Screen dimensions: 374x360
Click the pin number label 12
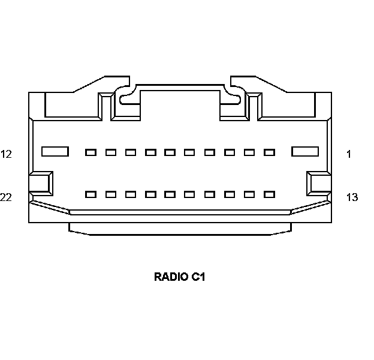(7, 154)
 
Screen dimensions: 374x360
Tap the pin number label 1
(349, 154)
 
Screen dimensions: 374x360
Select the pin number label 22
(7, 197)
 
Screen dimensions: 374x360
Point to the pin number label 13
(352, 197)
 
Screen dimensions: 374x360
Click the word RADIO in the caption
(171, 277)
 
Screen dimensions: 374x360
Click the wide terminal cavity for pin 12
(55, 152)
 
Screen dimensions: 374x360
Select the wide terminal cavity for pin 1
(305, 152)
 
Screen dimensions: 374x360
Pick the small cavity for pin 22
(91, 194)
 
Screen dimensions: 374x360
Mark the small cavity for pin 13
(269, 194)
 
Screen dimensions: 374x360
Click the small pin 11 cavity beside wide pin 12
(91, 152)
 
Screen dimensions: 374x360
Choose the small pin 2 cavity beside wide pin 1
(269, 152)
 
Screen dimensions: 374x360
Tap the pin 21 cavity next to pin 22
(111, 194)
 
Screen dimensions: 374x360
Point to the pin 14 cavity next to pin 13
(249, 194)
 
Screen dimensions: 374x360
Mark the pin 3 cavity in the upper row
(249, 152)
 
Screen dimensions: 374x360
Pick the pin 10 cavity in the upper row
(111, 152)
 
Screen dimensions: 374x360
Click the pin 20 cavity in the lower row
(131, 194)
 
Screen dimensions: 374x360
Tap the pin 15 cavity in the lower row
(230, 194)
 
